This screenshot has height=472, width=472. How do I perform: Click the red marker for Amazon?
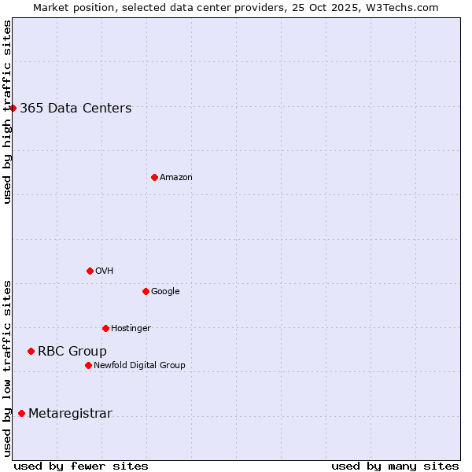154,177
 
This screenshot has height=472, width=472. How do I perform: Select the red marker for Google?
146,291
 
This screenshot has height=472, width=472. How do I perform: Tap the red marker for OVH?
90,271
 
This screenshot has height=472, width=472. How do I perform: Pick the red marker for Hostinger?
105,328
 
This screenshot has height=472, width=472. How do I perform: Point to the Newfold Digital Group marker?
88,365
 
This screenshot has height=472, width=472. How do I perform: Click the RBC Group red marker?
31,351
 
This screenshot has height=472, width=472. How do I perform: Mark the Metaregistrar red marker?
21,413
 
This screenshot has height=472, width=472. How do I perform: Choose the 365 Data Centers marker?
13,108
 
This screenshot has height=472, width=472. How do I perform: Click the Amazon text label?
176,178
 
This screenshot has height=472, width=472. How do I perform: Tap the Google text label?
165,292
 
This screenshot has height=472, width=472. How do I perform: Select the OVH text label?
105,271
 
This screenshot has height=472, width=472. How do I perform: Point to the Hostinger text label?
131,329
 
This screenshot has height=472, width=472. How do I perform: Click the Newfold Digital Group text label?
139,366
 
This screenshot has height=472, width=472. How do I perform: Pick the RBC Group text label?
72,352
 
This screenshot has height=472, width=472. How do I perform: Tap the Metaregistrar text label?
70,414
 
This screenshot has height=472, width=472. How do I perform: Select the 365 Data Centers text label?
76,109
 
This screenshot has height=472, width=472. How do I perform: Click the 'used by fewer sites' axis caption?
81,466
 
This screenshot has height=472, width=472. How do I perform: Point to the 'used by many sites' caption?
395,466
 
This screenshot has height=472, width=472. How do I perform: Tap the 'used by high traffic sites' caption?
7,112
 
